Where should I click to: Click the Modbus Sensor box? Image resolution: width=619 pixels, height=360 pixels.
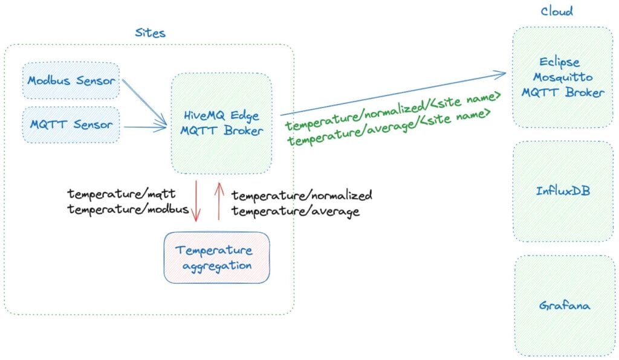click(x=71, y=80)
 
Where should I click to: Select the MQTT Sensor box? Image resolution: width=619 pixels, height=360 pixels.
click(x=71, y=125)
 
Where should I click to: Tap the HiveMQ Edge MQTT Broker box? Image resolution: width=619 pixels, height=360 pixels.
click(x=221, y=123)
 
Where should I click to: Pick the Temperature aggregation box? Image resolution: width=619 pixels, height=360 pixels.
click(x=216, y=257)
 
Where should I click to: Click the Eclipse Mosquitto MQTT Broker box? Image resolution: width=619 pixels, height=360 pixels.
click(x=563, y=77)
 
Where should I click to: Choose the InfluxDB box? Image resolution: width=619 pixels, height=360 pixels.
click(x=563, y=191)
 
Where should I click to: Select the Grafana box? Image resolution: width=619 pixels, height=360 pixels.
click(x=563, y=305)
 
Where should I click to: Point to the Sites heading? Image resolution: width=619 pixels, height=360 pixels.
click(x=150, y=33)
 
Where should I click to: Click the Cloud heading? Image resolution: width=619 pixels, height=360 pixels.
click(x=556, y=11)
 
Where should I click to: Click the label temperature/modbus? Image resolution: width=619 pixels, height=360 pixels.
click(x=128, y=210)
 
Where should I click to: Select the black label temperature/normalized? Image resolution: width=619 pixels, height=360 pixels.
click(x=302, y=196)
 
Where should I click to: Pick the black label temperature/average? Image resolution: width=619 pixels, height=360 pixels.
click(x=296, y=211)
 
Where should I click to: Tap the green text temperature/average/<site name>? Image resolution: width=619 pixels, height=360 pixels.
click(x=389, y=128)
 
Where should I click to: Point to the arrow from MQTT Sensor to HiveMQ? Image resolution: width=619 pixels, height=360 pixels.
click(x=145, y=127)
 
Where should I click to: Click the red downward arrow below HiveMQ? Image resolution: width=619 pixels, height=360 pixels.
click(x=196, y=199)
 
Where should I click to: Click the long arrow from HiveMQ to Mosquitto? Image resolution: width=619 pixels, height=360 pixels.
click(x=393, y=94)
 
